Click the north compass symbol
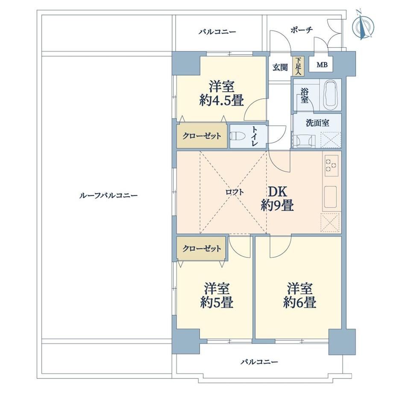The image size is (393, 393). point(363,26)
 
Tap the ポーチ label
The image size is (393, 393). point(302,30)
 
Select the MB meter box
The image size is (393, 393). point(322,65)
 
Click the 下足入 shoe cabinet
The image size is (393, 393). point(298,66)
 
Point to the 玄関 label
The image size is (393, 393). point(280,67)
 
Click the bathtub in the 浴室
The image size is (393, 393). point(331,95)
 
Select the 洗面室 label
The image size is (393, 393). point(317,123)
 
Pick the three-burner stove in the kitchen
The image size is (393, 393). point(331,165)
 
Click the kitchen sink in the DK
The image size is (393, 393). point(330,197)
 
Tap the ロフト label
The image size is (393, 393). point(235,192)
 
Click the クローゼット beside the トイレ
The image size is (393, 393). point(202,136)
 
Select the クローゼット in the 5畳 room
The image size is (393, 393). point(202,248)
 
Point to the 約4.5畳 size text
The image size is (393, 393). point(222,101)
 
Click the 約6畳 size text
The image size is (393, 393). point(300,302)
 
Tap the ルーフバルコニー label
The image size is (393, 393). point(109,195)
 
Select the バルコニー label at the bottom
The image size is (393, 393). point(259,362)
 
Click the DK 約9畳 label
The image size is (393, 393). point(278,199)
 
